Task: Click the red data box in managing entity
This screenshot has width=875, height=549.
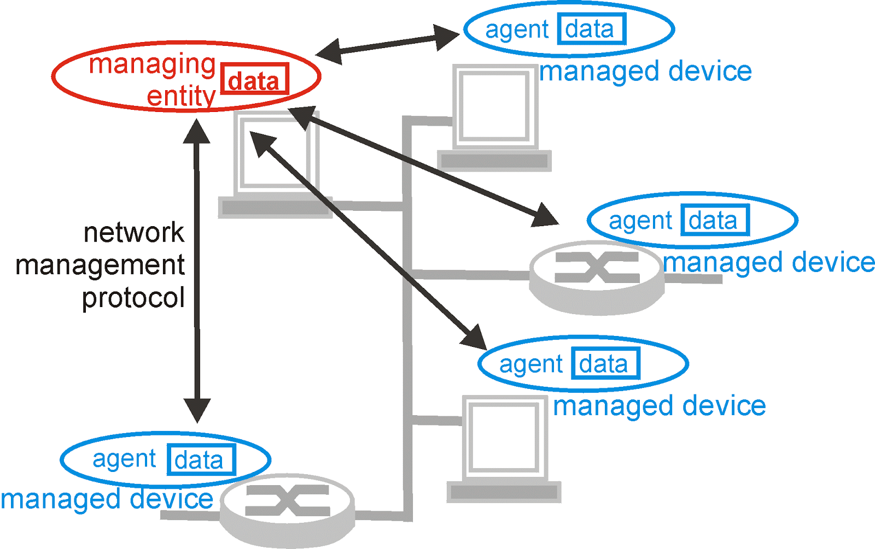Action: click(x=254, y=80)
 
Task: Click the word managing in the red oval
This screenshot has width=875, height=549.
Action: click(x=152, y=64)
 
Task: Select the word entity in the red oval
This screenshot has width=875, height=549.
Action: click(x=181, y=97)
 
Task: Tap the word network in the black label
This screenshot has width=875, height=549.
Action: click(x=134, y=233)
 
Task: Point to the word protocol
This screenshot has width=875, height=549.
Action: click(x=133, y=298)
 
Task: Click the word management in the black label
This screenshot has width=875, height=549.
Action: click(x=100, y=265)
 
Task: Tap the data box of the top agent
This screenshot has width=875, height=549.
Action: click(x=591, y=29)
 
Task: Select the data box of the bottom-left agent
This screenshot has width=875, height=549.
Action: click(x=201, y=460)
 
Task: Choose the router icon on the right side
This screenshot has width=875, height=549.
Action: click(x=597, y=276)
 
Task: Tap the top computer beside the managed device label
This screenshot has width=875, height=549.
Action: click(x=494, y=117)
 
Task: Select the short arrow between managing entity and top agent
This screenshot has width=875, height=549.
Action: click(x=387, y=45)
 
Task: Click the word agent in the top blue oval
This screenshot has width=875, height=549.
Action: click(x=517, y=30)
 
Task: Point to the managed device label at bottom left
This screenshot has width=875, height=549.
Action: click(x=107, y=499)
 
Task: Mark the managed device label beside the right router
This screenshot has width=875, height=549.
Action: click(x=769, y=263)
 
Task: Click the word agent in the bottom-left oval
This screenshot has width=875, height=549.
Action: click(x=124, y=459)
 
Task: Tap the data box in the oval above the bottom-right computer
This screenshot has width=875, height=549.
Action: click(x=605, y=364)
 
